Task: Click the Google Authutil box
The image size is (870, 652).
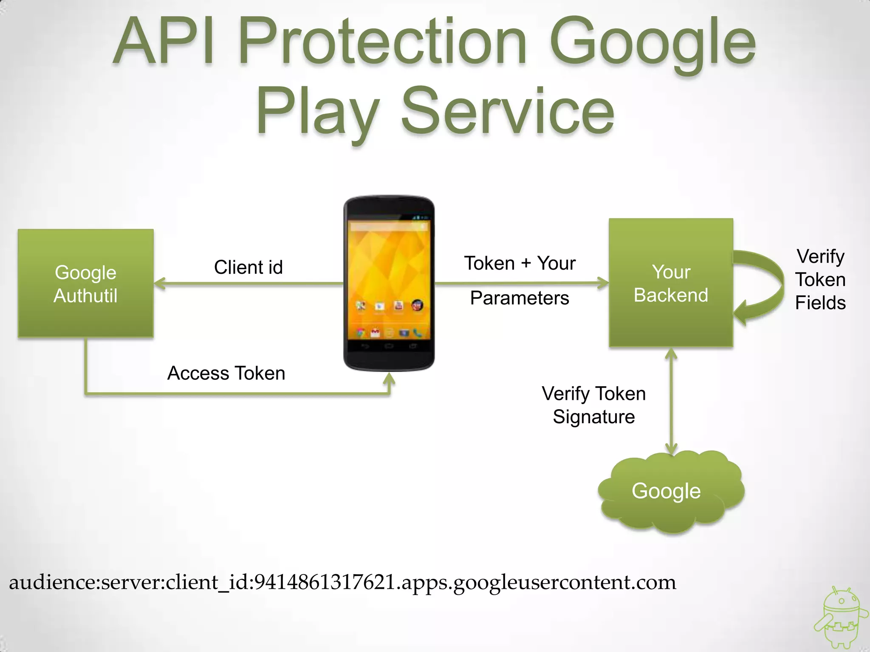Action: tap(85, 283)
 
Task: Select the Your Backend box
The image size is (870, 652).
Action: tap(671, 283)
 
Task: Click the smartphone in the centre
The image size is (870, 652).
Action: tap(389, 283)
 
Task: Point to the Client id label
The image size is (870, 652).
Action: tap(248, 267)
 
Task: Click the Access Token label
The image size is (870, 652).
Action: tap(226, 374)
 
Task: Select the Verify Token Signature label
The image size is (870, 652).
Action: tap(593, 405)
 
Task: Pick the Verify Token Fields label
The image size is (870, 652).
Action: tap(820, 280)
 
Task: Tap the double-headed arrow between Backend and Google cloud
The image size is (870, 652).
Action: tap(671, 401)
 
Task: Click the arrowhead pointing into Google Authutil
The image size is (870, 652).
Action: tap(160, 283)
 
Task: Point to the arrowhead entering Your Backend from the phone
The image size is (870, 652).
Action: tap(603, 283)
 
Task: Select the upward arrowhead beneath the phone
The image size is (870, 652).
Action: tap(389, 379)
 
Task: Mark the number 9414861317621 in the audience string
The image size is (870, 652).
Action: tap(325, 582)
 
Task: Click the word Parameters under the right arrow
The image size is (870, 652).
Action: tap(520, 298)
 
